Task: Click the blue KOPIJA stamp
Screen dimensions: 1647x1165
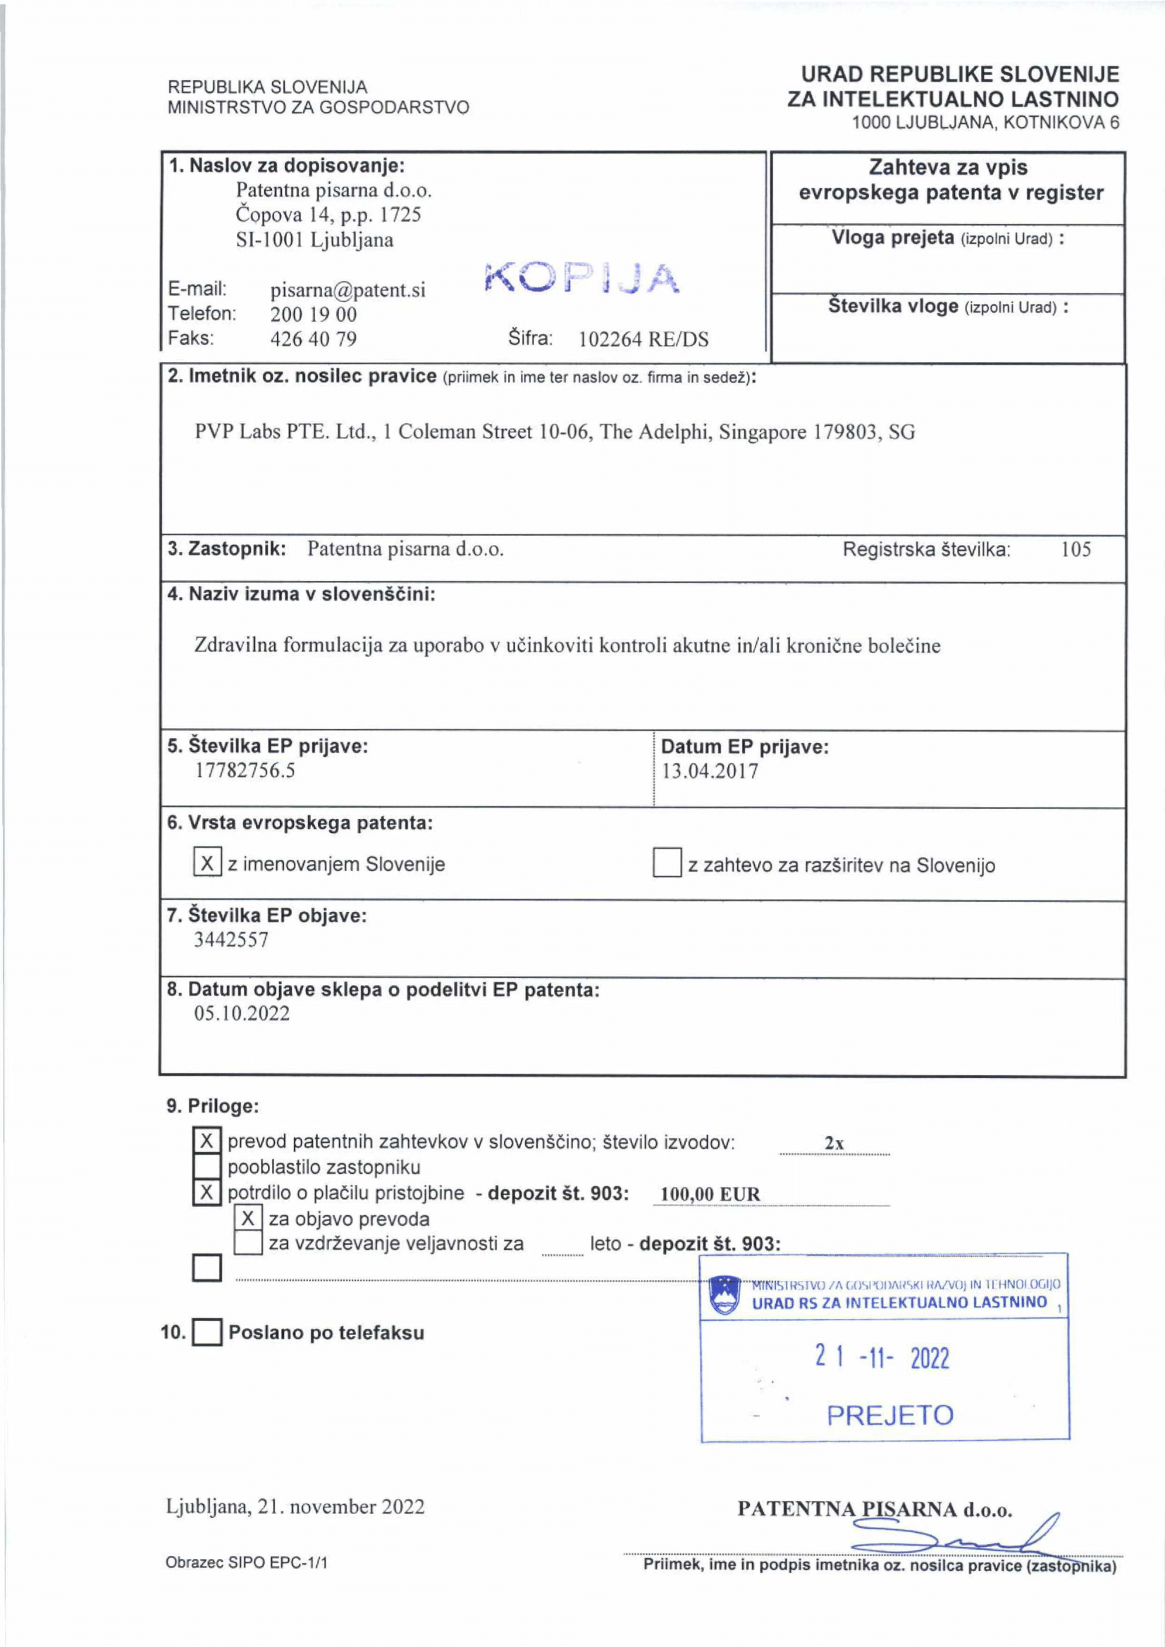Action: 581,277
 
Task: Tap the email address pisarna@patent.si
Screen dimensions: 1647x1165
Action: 347,290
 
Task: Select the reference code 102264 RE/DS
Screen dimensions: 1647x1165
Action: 643,339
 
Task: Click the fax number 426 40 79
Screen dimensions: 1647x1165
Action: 313,339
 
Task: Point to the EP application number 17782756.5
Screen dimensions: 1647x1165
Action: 245,770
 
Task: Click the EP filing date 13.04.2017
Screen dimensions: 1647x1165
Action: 709,771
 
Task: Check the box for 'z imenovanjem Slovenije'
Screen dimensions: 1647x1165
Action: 207,863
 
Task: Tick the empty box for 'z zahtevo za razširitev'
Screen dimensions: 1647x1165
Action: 666,863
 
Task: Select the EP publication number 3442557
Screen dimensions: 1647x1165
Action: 231,939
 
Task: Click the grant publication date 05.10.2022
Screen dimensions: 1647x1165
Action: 242,1013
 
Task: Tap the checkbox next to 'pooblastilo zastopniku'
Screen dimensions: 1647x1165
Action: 207,1167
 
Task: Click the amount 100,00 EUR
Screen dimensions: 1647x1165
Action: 709,1194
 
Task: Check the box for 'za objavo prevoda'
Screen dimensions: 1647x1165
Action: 248,1218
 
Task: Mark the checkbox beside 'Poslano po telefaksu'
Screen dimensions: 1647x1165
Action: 207,1333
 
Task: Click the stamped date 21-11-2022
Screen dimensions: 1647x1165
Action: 882,1357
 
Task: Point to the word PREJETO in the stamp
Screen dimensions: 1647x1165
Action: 890,1415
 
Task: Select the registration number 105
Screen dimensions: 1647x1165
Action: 1075,550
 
